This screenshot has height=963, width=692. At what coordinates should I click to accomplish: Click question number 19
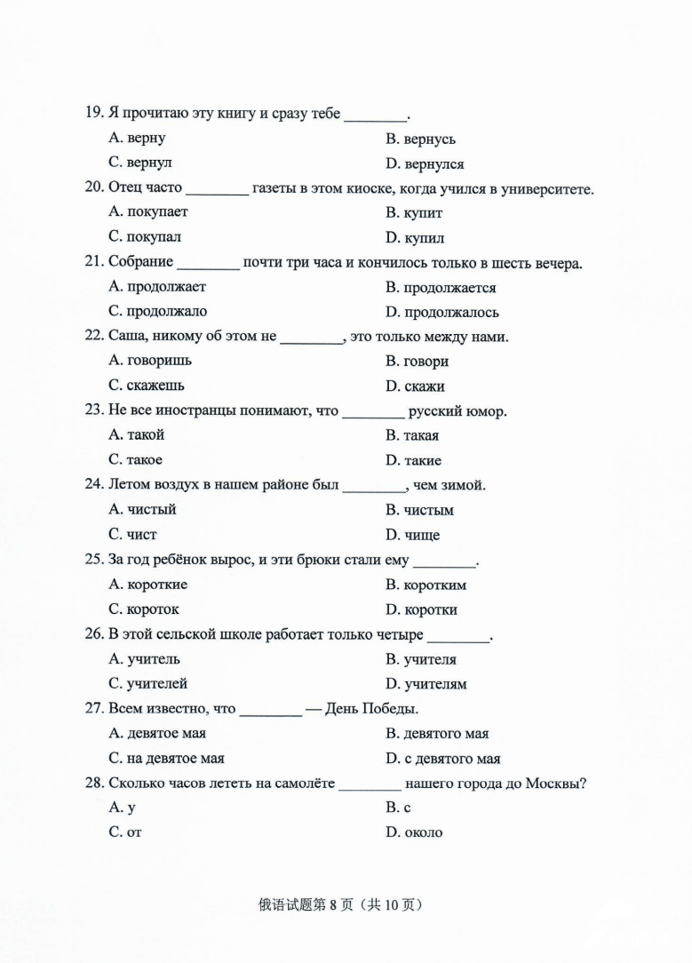click(x=94, y=114)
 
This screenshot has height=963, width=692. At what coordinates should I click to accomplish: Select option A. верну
click(x=137, y=139)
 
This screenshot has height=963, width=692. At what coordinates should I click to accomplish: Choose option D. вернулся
click(x=425, y=163)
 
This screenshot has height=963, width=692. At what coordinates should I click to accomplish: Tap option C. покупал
click(x=145, y=237)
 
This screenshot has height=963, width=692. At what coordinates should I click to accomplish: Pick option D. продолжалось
click(x=441, y=312)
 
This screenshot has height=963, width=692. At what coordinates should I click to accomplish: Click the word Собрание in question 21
click(x=140, y=263)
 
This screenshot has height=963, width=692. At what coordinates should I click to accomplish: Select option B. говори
click(x=417, y=362)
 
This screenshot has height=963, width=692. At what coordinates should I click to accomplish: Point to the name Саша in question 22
click(x=125, y=337)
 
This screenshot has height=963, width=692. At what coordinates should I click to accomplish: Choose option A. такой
click(x=136, y=435)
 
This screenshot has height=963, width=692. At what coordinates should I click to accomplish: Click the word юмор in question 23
click(x=488, y=411)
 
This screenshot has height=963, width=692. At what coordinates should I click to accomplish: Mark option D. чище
click(x=412, y=535)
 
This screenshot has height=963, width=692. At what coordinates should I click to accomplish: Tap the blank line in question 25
click(x=445, y=561)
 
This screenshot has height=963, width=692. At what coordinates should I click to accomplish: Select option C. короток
click(x=143, y=609)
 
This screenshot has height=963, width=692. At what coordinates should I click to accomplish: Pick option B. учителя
click(x=421, y=659)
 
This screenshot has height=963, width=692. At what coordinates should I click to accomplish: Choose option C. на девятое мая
click(x=166, y=759)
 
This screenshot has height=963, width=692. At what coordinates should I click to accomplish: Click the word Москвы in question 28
click(x=554, y=784)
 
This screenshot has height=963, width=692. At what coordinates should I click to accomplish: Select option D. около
click(x=414, y=832)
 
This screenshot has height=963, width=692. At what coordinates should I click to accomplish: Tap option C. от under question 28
click(x=124, y=832)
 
